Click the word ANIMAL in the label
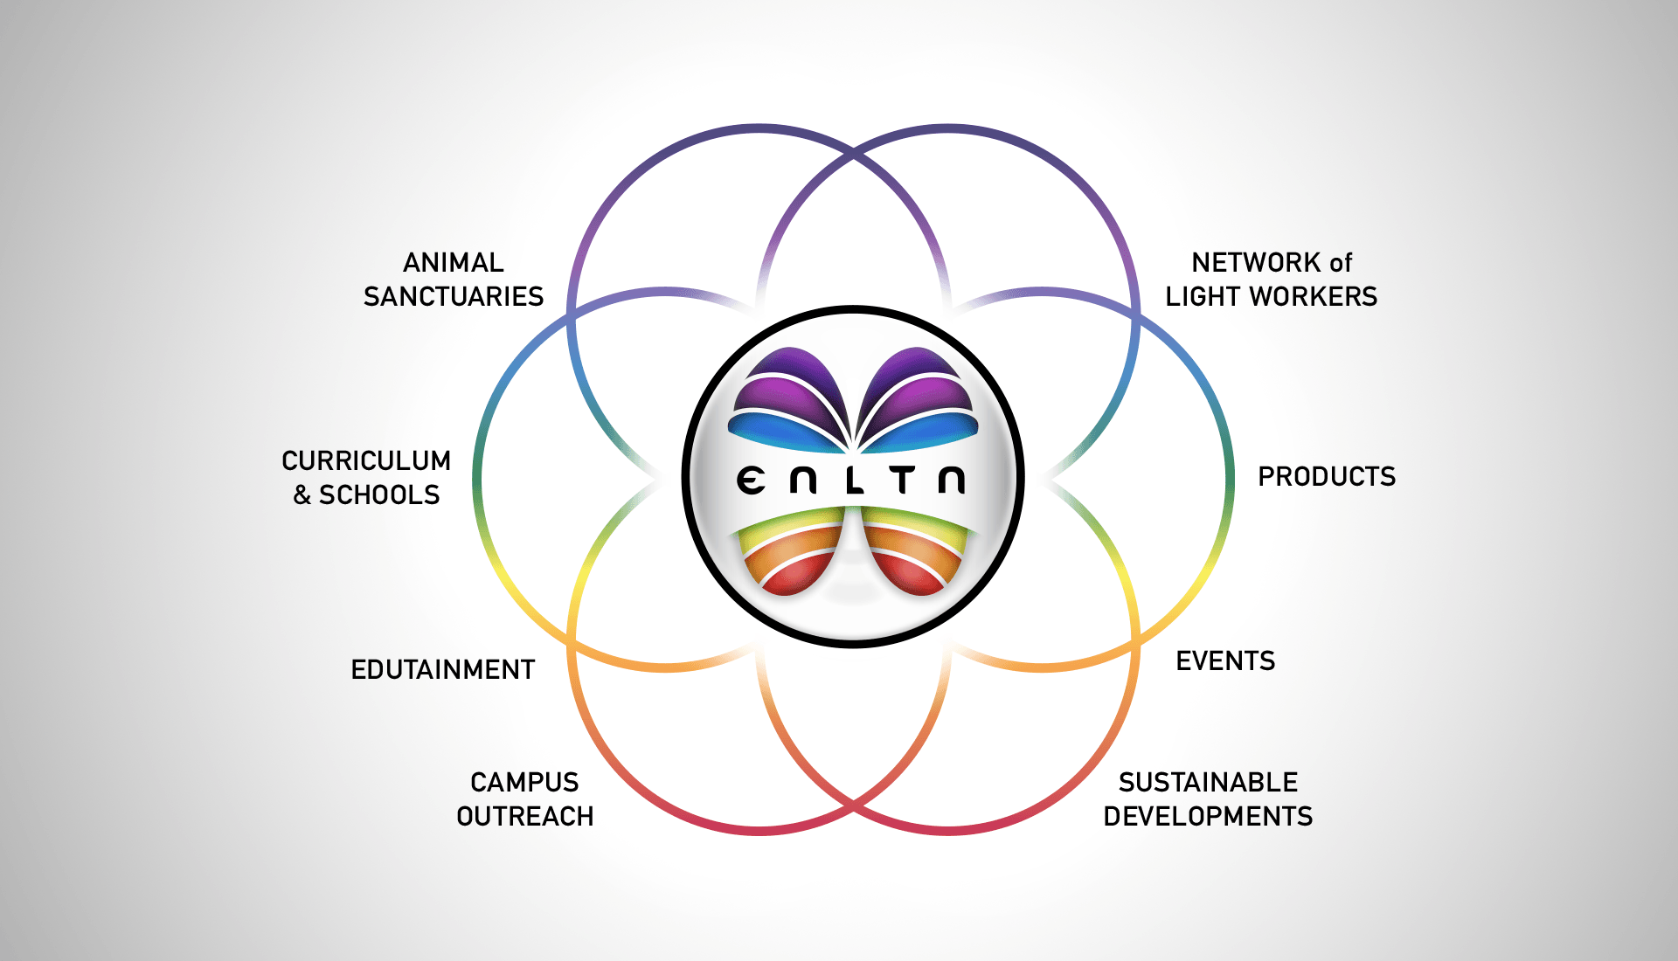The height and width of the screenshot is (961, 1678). [453, 262]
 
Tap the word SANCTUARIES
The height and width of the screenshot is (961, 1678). [454, 297]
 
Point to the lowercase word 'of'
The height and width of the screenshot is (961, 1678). [1341, 262]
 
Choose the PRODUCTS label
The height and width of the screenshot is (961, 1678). [1327, 477]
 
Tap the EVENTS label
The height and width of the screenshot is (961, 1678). [1225, 661]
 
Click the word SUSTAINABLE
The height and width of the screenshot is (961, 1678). [1208, 782]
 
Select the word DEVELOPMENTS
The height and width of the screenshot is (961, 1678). [1208, 817]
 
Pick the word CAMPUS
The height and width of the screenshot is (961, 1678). [524, 782]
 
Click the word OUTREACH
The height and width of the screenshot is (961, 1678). [524, 817]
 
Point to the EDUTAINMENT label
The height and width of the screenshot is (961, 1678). [442, 670]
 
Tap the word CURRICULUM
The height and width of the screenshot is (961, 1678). [366, 460]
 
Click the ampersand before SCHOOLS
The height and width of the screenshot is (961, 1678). [302, 495]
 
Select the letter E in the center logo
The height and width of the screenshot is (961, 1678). [751, 480]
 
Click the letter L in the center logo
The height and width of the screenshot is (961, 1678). [854, 480]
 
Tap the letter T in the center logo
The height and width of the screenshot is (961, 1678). [903, 480]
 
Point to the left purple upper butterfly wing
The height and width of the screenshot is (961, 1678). [787, 389]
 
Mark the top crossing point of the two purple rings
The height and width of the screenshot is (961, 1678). [854, 155]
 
